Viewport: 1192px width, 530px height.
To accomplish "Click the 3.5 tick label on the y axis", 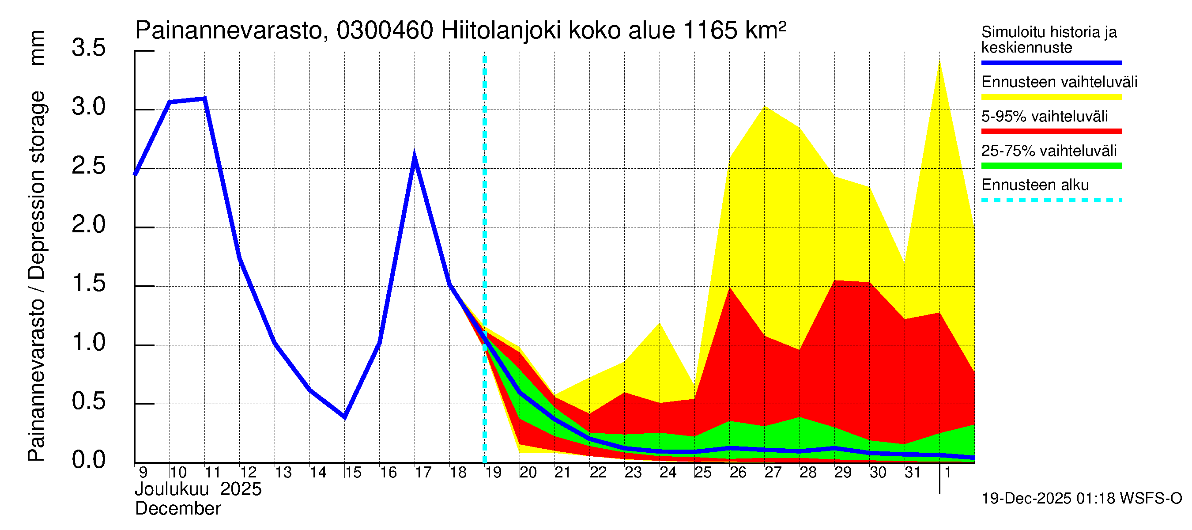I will [88, 48].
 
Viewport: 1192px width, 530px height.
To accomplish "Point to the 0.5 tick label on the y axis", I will [88, 401].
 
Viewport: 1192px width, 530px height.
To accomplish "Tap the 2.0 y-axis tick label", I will [88, 225].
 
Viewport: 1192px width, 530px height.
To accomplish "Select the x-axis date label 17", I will [423, 473].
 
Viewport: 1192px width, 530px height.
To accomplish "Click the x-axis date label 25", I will [702, 473].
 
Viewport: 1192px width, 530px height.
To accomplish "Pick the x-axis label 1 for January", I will [947, 473].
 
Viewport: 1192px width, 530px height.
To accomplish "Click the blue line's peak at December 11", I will [204, 98].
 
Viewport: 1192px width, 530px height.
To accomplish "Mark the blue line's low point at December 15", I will [345, 416].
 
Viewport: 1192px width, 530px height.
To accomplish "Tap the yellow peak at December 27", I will [765, 106].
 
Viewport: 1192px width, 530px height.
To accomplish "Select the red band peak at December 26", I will [730, 288].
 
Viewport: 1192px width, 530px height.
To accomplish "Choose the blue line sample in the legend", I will [1051, 62].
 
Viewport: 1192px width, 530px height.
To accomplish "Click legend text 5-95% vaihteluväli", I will [1045, 116].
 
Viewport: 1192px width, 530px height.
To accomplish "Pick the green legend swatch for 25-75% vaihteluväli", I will [1051, 166].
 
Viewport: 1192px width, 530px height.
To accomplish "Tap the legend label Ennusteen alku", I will [1035, 185].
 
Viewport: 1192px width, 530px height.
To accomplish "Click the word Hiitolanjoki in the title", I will [501, 31].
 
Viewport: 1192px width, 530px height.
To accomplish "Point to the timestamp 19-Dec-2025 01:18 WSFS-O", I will [1081, 499].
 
